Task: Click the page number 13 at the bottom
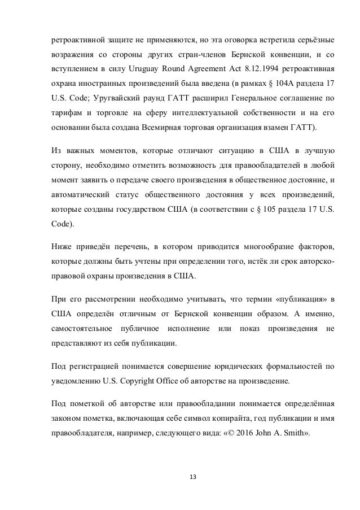click(180, 476)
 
